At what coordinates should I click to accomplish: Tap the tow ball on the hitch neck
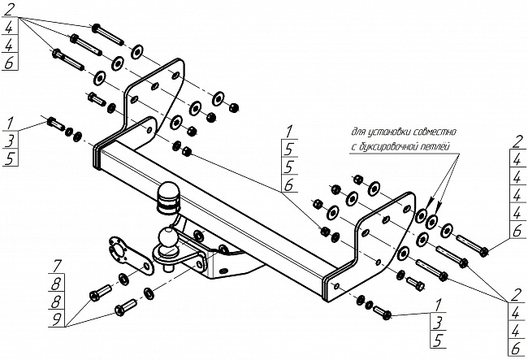pyautogui.click(x=167, y=240)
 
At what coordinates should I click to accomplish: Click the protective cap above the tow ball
pyautogui.click(x=169, y=196)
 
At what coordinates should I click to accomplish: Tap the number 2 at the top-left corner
pyautogui.click(x=9, y=9)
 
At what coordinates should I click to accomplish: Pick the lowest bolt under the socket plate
pyautogui.click(x=126, y=308)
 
